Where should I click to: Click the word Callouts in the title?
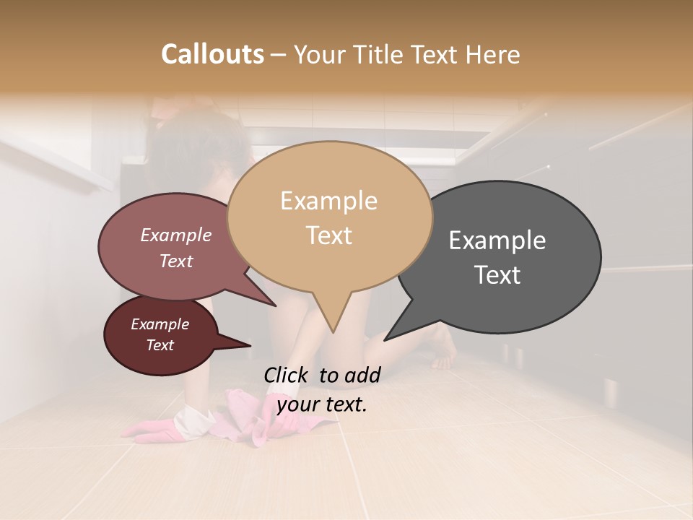point(212,54)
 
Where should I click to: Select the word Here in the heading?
point(493,54)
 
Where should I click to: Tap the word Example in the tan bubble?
point(328,201)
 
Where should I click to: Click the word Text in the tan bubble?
point(328,235)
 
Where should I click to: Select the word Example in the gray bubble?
point(497,240)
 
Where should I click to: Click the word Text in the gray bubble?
point(497,275)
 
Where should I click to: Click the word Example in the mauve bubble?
point(176,235)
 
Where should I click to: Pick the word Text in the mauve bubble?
point(176,261)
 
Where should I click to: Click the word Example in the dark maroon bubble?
point(160,324)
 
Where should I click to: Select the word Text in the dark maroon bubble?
point(160,345)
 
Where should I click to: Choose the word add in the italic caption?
point(362,375)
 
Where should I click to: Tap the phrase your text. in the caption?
point(322,404)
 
